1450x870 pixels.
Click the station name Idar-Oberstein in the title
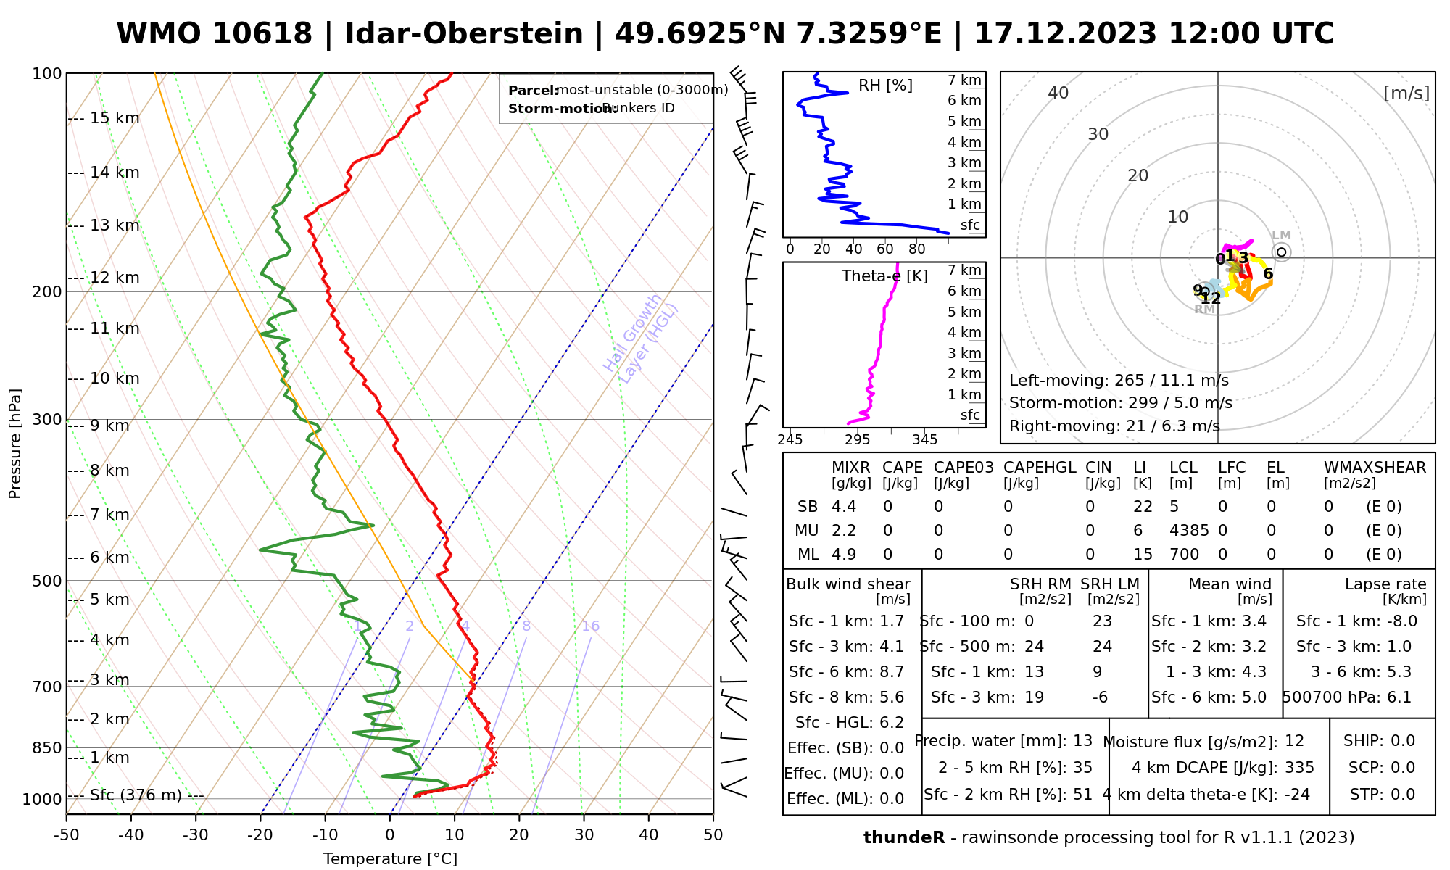coord(463,34)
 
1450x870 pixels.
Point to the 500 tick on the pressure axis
coord(47,581)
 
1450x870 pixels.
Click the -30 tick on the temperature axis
coord(196,835)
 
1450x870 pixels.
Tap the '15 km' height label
coord(115,118)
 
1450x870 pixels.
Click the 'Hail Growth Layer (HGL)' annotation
coord(641,338)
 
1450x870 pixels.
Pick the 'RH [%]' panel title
coord(885,86)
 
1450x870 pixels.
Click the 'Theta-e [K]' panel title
coord(884,276)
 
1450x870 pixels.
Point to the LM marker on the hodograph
coord(1281,252)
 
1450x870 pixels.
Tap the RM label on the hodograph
coord(1204,310)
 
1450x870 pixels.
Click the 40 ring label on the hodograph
coord(1058,93)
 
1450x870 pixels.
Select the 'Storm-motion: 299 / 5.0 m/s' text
coord(1120,403)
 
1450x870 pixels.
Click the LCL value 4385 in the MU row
coord(1189,531)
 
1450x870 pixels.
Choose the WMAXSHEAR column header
coord(1375,468)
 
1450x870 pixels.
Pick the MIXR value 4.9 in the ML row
coord(844,555)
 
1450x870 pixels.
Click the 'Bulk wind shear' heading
coord(848,584)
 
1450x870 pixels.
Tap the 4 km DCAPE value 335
coord(1299,768)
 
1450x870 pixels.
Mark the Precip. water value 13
coord(1082,741)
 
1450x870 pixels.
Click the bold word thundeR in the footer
coord(903,838)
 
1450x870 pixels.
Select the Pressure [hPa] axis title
coord(15,444)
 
